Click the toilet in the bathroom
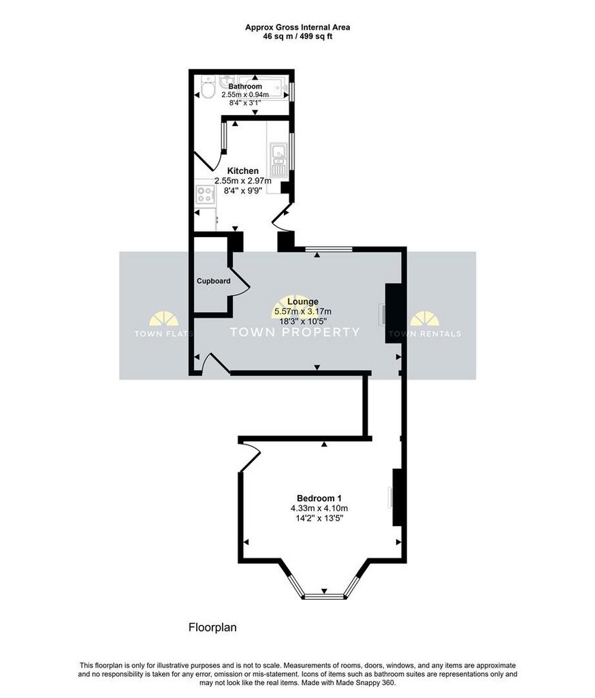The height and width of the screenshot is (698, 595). pos(207,87)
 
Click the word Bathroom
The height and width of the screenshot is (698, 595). pos(245,87)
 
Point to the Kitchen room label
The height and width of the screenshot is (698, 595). pos(243,171)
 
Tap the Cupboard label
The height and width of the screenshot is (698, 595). pos(214,281)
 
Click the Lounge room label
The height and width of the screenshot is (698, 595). pos(303,302)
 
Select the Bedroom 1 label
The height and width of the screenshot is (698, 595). pos(319,498)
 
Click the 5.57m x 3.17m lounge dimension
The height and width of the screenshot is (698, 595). pos(303,312)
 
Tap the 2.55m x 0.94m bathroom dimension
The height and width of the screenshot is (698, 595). pos(245,95)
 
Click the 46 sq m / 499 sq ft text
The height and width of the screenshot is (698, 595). pos(297,37)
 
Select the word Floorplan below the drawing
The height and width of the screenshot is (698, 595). pos(212,628)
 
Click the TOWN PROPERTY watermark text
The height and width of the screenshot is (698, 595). pos(295,332)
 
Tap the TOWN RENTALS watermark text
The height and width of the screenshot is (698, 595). pos(425,334)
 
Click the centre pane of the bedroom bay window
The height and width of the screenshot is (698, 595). pos(324,596)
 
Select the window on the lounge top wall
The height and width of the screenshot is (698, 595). pos(329,249)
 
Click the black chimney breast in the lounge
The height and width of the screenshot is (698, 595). pos(394,314)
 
